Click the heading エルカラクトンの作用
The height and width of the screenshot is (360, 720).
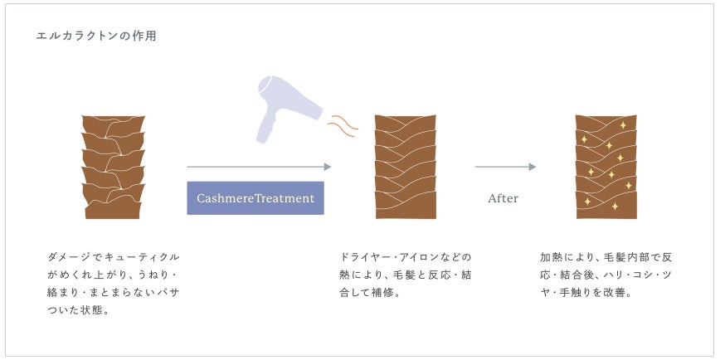pyautogui.click(x=96, y=36)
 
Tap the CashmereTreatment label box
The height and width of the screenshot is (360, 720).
pyautogui.click(x=255, y=198)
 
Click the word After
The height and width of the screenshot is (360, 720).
pyautogui.click(x=503, y=198)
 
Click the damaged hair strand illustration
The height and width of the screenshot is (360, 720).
pyautogui.click(x=113, y=167)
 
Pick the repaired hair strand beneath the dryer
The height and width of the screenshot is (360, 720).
pyautogui.click(x=406, y=167)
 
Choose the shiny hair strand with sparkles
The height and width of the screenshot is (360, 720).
pyautogui.click(x=606, y=167)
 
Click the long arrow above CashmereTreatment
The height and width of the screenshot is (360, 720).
pyautogui.click(x=259, y=167)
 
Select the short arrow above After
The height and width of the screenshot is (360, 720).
pyautogui.click(x=505, y=167)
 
